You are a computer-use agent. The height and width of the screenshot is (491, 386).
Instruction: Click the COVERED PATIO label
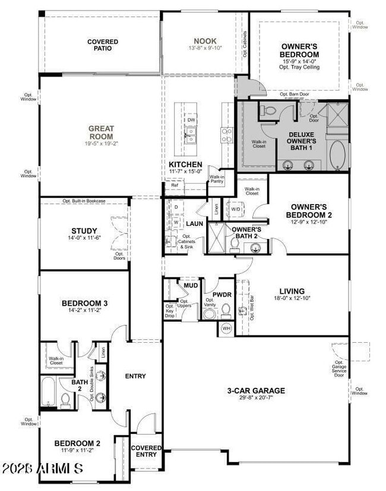pyautogui.click(x=103, y=46)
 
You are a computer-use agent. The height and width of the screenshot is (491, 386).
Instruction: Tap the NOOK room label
pyautogui.click(x=205, y=41)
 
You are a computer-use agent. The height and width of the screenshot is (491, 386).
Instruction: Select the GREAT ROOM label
pyautogui.click(x=101, y=132)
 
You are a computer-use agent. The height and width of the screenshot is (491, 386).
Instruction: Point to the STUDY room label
pyautogui.click(x=84, y=231)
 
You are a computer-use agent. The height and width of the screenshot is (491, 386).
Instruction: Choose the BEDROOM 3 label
pyautogui.click(x=84, y=304)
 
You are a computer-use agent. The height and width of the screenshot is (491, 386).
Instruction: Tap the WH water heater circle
pyautogui.click(x=226, y=328)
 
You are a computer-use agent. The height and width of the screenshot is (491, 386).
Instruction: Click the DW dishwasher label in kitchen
pyautogui.click(x=191, y=120)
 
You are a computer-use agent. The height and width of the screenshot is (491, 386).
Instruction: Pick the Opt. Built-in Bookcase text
pyautogui.click(x=84, y=201)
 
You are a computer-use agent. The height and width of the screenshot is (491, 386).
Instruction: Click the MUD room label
pyautogui.click(x=190, y=285)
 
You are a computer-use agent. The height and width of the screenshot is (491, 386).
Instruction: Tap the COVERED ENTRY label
pyautogui.click(x=146, y=451)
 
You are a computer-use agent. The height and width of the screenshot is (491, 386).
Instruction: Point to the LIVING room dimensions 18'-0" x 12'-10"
pyautogui.click(x=292, y=299)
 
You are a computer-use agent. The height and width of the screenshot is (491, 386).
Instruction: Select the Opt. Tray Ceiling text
pyautogui.click(x=299, y=68)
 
